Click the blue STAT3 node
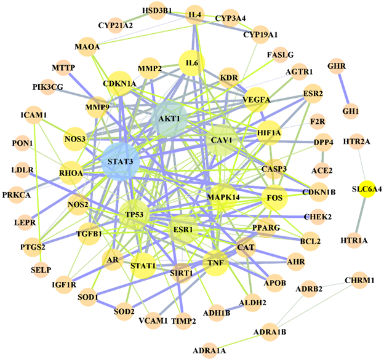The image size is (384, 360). click(x=119, y=162)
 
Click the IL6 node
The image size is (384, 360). click(x=191, y=63)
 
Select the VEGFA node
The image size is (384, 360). click(x=257, y=99)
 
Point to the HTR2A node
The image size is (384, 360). click(x=356, y=142)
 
